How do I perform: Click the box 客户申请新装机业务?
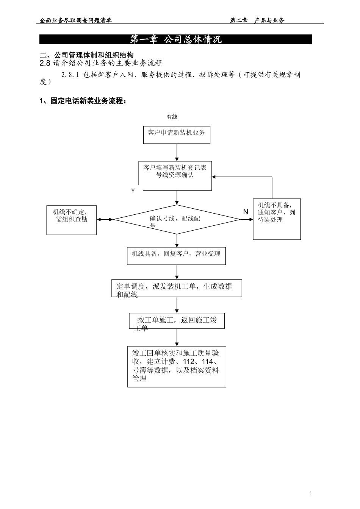(x=177, y=135)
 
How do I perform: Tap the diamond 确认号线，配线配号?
(x=177, y=219)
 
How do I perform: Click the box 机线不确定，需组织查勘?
(x=72, y=220)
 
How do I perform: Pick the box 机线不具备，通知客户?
(x=277, y=219)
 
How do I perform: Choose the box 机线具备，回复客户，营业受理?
(x=176, y=256)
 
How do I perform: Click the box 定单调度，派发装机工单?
(x=177, y=289)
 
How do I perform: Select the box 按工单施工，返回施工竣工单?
(x=177, y=321)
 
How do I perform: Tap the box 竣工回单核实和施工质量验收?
(x=177, y=366)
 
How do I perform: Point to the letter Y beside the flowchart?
(x=133, y=191)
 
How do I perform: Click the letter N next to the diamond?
(x=246, y=212)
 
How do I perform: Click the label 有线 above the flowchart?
(x=172, y=117)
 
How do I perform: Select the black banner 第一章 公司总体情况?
(x=175, y=39)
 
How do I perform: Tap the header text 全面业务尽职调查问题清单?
(x=76, y=21)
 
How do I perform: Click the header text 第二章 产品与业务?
(x=257, y=21)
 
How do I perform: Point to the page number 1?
(x=311, y=493)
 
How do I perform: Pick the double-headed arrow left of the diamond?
(x=105, y=219)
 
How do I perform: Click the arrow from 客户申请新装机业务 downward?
(x=177, y=152)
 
